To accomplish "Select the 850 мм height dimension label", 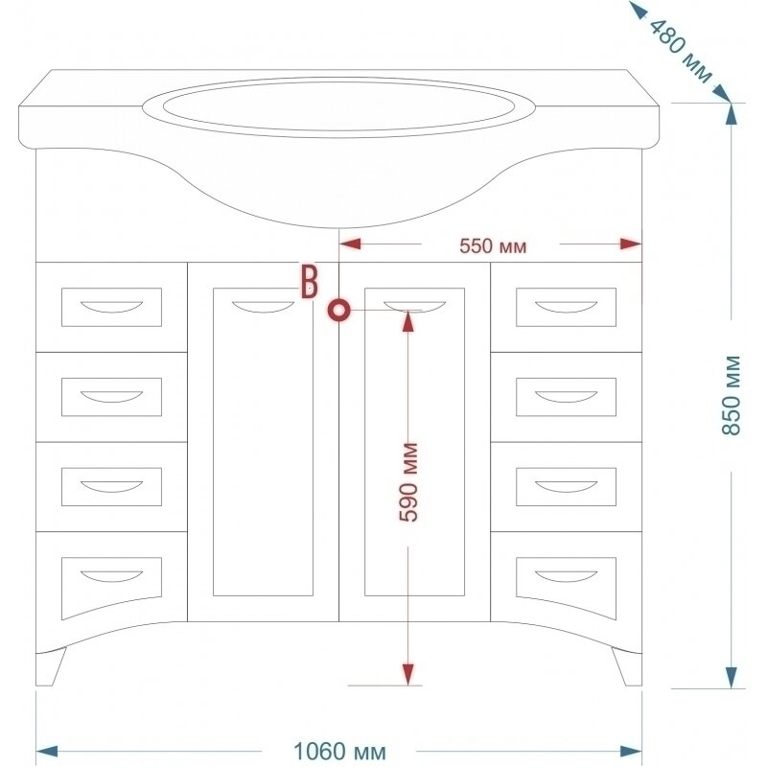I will (732, 395).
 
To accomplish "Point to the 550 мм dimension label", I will (493, 245).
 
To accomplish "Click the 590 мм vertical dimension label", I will (409, 482).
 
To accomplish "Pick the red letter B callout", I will (310, 281).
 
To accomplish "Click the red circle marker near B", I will (339, 311).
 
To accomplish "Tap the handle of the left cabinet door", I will (263, 308).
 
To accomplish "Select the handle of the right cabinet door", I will (414, 307).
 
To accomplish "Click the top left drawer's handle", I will (111, 307).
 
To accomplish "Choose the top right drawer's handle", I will (566, 307).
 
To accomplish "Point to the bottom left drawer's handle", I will (111, 575).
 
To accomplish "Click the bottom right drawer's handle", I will (566, 575).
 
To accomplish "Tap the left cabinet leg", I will (50, 667).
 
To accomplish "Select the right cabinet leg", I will (627, 667).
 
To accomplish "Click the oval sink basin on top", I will (337, 105).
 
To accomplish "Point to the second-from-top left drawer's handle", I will (111, 396).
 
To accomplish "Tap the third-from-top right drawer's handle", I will (566, 486).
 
